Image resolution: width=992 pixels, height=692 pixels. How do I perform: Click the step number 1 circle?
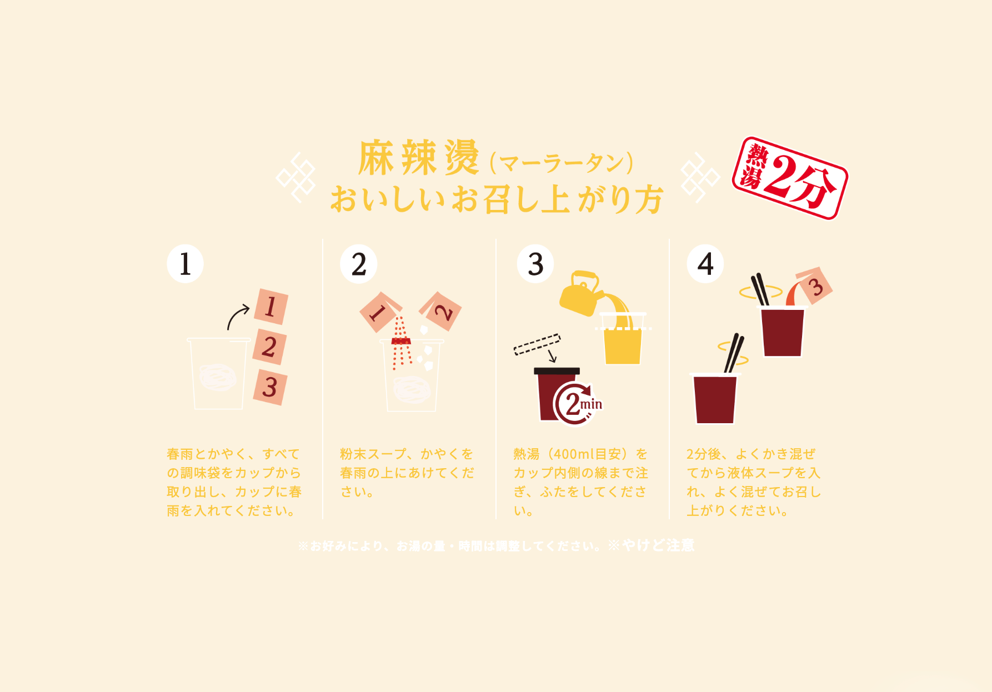pos(185,264)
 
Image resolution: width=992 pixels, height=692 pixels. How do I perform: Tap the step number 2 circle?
pos(359,264)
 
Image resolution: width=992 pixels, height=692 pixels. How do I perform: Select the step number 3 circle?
pos(535,264)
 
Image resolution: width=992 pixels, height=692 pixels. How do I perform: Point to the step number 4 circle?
pos(705,264)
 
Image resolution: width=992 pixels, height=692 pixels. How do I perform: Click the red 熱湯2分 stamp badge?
pos(790,178)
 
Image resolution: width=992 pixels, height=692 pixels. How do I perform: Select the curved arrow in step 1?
pos(238,317)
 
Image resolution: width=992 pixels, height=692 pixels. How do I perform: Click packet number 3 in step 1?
pos(270,387)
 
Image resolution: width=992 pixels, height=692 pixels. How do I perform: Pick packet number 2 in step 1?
pos(270,347)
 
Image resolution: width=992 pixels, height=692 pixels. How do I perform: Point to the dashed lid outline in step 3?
pos(537,344)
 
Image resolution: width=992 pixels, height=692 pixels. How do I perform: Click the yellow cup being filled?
pos(623,344)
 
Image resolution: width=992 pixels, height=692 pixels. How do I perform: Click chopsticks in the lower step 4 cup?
pos(734,354)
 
